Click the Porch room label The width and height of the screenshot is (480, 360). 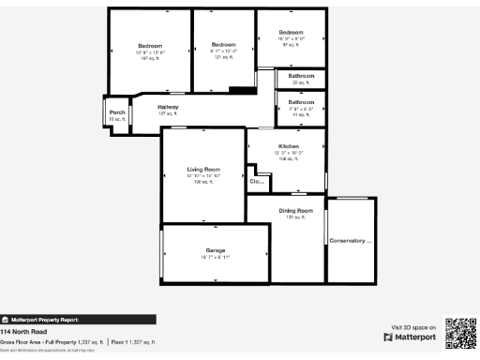pyautogui.click(x=117, y=112)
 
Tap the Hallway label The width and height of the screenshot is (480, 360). pyautogui.click(x=168, y=107)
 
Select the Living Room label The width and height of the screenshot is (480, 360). pyautogui.click(x=203, y=169)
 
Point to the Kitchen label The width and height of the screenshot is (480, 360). pyautogui.click(x=288, y=147)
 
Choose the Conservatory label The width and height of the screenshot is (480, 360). pyautogui.click(x=351, y=241)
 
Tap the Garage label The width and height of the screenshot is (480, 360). pyautogui.click(x=216, y=250)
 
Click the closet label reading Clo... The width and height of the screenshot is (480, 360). pyautogui.click(x=255, y=181)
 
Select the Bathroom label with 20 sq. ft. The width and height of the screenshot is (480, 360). pyautogui.click(x=301, y=75)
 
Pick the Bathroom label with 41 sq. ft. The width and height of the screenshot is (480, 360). pyautogui.click(x=301, y=101)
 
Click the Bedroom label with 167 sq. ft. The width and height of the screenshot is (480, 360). pyautogui.click(x=150, y=46)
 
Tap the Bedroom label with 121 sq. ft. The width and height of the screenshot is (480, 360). pyautogui.click(x=223, y=45)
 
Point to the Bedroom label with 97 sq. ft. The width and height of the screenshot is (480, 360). pyautogui.click(x=292, y=33)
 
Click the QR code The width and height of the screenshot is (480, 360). pyautogui.click(x=459, y=334)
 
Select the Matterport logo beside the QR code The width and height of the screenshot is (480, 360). pyautogui.click(x=411, y=336)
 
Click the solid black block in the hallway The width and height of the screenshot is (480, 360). pyautogui.click(x=242, y=90)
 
